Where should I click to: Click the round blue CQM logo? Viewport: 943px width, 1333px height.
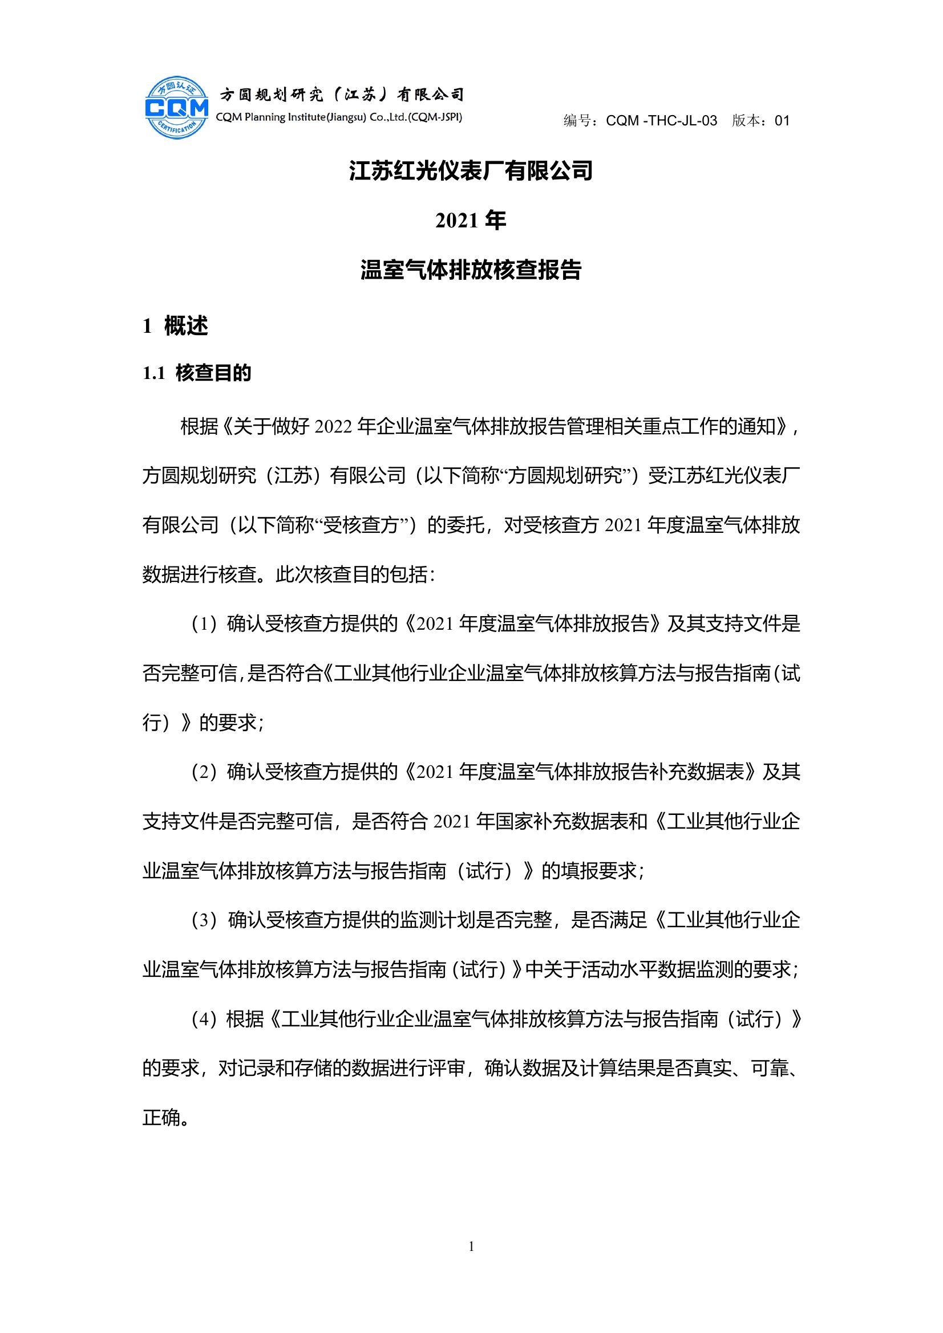tap(177, 107)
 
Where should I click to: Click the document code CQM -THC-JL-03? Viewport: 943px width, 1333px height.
tap(661, 121)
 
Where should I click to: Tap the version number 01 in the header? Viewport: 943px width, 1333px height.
tap(782, 121)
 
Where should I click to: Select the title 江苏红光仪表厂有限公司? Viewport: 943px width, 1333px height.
tap(471, 171)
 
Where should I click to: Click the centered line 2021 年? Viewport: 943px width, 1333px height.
tap(471, 221)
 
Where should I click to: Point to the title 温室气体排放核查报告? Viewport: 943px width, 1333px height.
tap(471, 271)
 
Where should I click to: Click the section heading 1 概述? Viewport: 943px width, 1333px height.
tap(175, 327)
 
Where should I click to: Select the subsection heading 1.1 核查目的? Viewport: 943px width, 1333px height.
tap(197, 373)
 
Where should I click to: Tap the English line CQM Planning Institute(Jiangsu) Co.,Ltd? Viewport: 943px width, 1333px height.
tap(339, 117)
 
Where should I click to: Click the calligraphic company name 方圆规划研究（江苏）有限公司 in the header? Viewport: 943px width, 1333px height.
tap(341, 94)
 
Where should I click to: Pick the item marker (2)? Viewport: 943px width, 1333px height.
tap(204, 772)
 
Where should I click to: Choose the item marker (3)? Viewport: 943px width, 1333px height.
tap(204, 920)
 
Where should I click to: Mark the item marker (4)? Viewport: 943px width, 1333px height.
tap(204, 1020)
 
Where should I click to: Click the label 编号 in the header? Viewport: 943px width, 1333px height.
tap(577, 121)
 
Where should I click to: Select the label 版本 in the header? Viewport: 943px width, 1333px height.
tap(746, 121)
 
